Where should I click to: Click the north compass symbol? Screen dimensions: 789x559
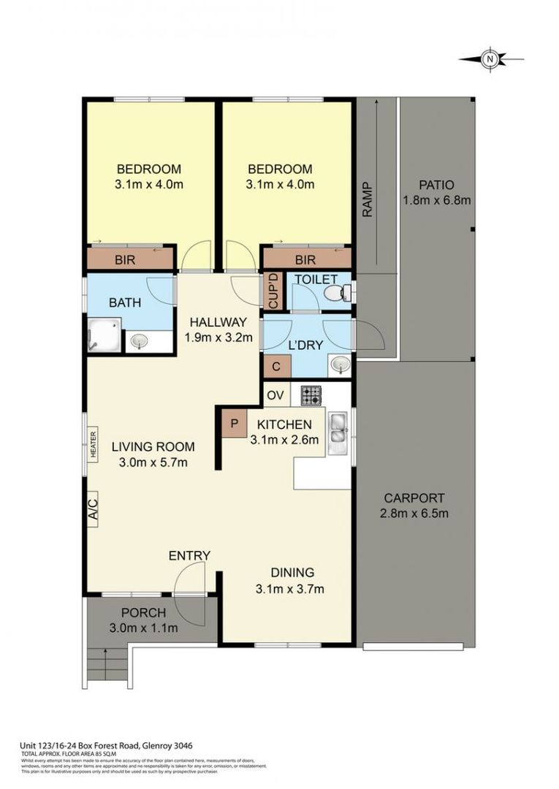491,58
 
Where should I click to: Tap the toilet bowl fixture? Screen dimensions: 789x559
335,294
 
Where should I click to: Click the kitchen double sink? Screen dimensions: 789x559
338,430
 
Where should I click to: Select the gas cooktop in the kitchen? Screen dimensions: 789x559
311,395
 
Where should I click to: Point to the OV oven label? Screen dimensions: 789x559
275,395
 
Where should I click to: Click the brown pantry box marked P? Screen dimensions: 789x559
235,423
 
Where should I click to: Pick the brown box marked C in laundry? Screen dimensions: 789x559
276,366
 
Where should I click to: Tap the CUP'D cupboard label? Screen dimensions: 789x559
272,291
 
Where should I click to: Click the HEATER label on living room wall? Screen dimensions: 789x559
94,444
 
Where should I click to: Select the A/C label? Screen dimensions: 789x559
93,506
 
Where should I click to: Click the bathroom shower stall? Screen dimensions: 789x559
104,335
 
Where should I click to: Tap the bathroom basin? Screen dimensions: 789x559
139,340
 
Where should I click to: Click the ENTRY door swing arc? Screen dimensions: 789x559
190,581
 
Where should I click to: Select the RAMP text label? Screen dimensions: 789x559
367,199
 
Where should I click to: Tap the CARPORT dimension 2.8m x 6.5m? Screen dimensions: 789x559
414,513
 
